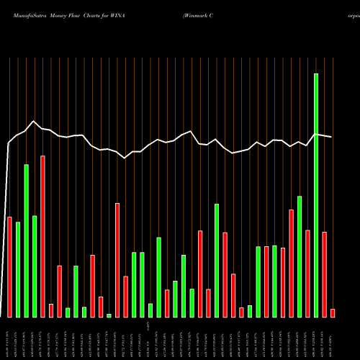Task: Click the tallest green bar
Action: click(x=316, y=195)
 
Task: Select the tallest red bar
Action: click(x=42, y=236)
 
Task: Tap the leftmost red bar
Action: click(x=9, y=266)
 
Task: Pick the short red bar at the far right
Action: click(x=333, y=312)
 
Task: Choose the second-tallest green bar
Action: click(x=26, y=240)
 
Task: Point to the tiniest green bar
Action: click(x=109, y=315)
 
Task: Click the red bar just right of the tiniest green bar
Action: click(x=117, y=260)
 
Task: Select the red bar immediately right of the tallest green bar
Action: click(x=324, y=274)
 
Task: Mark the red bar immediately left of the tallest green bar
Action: click(x=307, y=274)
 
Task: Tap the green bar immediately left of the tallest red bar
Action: click(x=35, y=266)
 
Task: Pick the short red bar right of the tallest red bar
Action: click(x=51, y=310)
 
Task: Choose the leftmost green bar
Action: click(x=18, y=269)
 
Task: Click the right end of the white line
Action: click(x=332, y=137)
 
